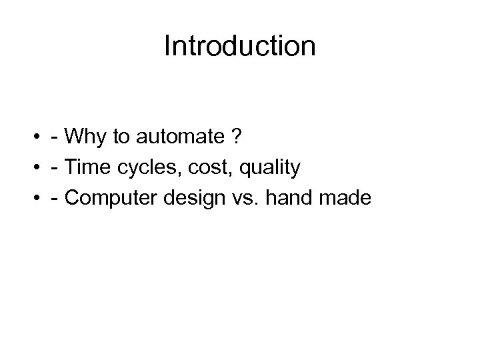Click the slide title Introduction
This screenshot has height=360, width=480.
[x=239, y=47]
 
